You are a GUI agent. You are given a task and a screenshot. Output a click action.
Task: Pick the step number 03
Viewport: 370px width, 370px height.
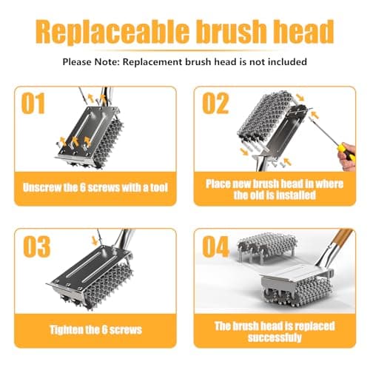pos(36,246)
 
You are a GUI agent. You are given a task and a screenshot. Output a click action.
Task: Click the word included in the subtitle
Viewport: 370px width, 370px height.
pos(286,62)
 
